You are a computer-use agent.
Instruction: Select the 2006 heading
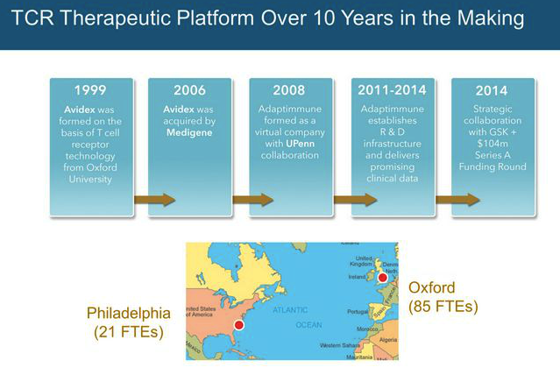pos(190,90)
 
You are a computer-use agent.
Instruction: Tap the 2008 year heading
pos(291,90)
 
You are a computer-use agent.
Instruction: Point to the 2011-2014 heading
pos(393,89)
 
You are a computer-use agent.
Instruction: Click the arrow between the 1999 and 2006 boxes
pos(153,200)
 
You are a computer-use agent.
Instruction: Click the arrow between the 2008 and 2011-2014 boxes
pos(356,200)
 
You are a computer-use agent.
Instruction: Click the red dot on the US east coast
pos(238,324)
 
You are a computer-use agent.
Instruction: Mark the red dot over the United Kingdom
pos(382,278)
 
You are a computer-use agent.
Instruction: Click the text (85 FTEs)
pos(443,306)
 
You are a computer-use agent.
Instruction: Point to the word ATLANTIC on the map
pos(290,309)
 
